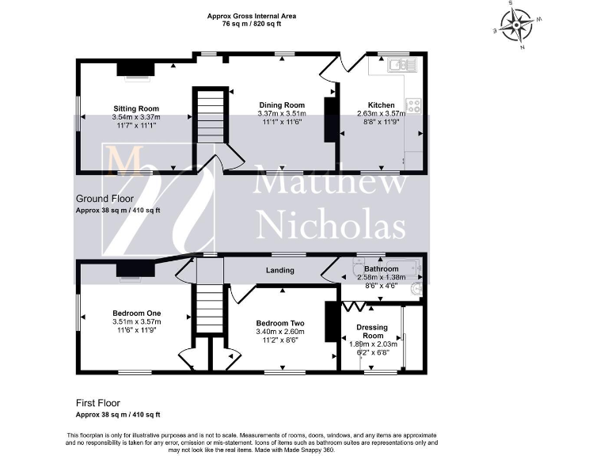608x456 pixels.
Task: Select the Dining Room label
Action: pyautogui.click(x=282, y=104)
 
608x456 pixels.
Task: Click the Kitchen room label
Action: pyautogui.click(x=381, y=104)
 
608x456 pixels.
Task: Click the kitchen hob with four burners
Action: pyautogui.click(x=413, y=105)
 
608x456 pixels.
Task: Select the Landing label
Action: pyautogui.click(x=280, y=270)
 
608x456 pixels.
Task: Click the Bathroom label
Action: pyautogui.click(x=382, y=269)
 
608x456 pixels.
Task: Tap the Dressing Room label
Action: pyautogui.click(x=372, y=331)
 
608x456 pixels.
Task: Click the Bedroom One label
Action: pyautogui.click(x=135, y=313)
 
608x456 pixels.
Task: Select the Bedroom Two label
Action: pyautogui.click(x=281, y=323)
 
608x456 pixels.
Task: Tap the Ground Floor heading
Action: pyautogui.click(x=104, y=199)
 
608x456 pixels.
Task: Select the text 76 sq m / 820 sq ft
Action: pyautogui.click(x=252, y=25)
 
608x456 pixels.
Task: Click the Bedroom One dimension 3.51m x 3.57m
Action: pyautogui.click(x=136, y=322)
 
